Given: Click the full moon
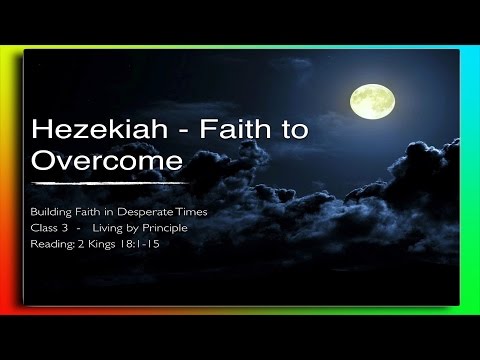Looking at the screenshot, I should tap(371, 100).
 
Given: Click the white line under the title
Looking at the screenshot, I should tap(110, 183).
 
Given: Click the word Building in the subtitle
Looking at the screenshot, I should tap(52, 214).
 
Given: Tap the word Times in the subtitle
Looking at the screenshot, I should tap(192, 214).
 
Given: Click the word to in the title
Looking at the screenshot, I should tap(269, 131).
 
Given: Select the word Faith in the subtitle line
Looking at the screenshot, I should tap(89, 214).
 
